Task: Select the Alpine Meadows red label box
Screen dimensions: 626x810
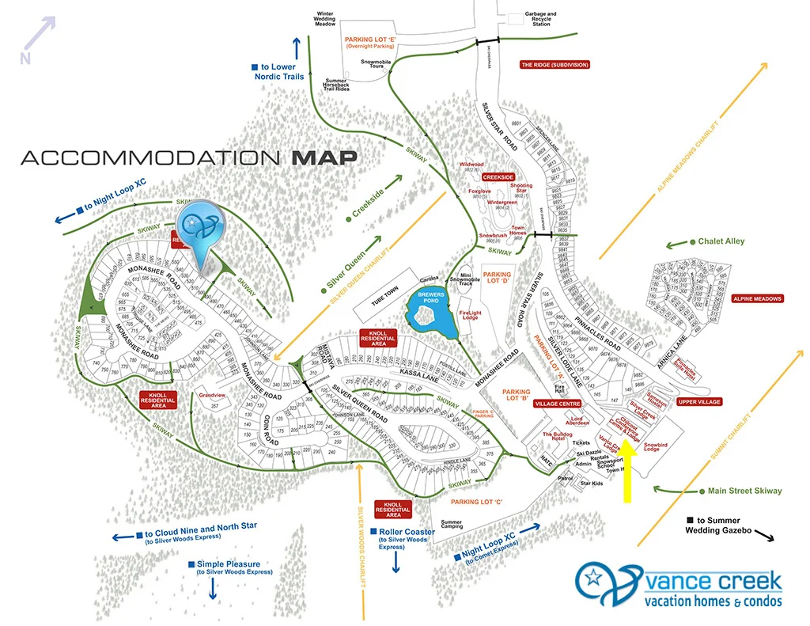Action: coord(756,298)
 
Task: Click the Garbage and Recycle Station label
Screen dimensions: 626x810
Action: coord(541,18)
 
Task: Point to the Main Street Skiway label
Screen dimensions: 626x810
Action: coord(744,491)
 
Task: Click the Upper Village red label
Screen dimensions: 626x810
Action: coord(699,402)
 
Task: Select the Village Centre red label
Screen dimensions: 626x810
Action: coord(558,403)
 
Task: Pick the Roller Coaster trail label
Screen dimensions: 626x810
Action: coord(406,532)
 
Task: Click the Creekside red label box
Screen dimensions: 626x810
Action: coord(498,176)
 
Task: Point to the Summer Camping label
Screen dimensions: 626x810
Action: coord(452,524)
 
